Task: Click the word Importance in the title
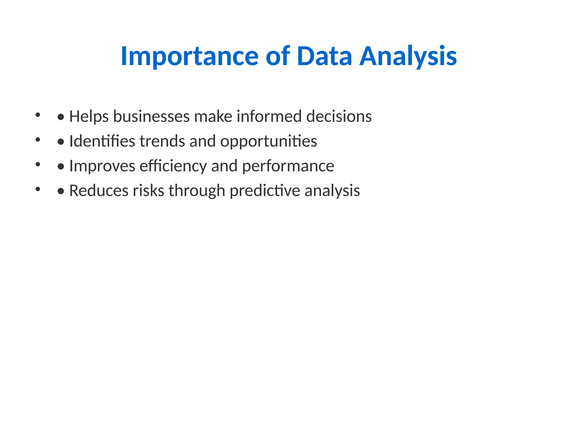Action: coord(189,57)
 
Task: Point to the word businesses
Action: coord(151,116)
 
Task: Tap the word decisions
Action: coord(339,116)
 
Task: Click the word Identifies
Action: coord(102,141)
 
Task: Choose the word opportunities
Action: coord(268,142)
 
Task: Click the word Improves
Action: coord(102,166)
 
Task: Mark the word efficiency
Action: coord(173,166)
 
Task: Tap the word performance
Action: coord(288,166)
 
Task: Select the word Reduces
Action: coord(99,190)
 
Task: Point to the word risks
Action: coord(148,190)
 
